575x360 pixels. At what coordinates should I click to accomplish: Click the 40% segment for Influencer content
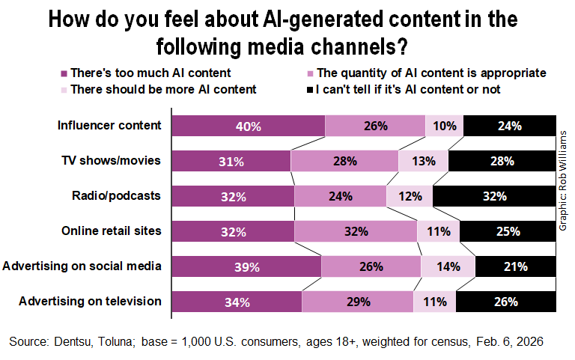pyautogui.click(x=249, y=126)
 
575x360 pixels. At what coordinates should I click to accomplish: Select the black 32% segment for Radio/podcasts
pyautogui.click(x=494, y=196)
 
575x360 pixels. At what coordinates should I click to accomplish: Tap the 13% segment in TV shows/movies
pyautogui.click(x=423, y=161)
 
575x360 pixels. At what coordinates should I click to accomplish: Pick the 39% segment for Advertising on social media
pyautogui.click(x=246, y=266)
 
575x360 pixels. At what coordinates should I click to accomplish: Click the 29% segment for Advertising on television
pyautogui.click(x=357, y=302)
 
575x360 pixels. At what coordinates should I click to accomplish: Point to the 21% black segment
pyautogui.click(x=515, y=266)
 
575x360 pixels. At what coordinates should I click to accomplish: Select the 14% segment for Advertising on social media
pyautogui.click(x=448, y=266)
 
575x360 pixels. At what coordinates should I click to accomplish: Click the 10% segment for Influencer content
pyautogui.click(x=444, y=126)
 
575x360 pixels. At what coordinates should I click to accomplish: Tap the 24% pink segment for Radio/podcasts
pyautogui.click(x=340, y=196)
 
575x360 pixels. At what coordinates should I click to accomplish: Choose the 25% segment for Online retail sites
pyautogui.click(x=508, y=231)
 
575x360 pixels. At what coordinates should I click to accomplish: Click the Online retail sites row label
pyautogui.click(x=111, y=231)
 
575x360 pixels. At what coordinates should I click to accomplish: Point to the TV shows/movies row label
pyautogui.click(x=111, y=160)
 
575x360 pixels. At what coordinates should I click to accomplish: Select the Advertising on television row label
pyautogui.click(x=91, y=301)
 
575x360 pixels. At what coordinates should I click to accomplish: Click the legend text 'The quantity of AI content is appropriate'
pyautogui.click(x=431, y=73)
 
